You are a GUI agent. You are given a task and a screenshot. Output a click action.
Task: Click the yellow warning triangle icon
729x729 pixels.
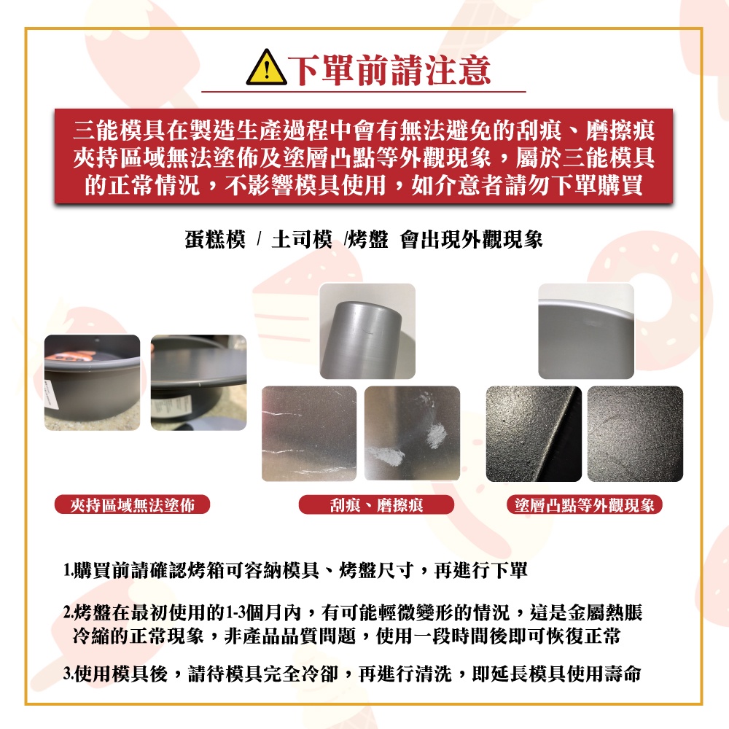(x=266, y=68)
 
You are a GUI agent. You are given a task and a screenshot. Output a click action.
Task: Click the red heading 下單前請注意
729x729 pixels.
(x=389, y=70)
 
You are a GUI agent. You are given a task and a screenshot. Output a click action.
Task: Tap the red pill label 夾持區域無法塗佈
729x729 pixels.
(x=133, y=504)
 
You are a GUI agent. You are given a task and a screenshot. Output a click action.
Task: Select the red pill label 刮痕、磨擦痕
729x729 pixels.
(x=376, y=504)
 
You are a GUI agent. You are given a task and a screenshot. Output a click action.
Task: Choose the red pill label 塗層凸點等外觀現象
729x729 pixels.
(x=585, y=504)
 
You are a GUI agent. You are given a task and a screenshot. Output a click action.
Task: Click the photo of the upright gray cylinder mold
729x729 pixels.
(x=367, y=331)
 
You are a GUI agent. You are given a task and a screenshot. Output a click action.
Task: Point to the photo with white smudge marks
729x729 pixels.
(x=412, y=433)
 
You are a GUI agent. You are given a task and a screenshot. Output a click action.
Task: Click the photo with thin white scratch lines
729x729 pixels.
(x=309, y=433)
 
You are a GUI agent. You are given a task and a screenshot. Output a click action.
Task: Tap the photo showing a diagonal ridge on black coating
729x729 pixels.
(x=534, y=434)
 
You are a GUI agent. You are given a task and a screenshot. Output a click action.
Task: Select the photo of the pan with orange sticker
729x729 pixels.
(x=92, y=383)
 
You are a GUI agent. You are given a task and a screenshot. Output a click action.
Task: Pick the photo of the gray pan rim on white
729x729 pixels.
(x=586, y=331)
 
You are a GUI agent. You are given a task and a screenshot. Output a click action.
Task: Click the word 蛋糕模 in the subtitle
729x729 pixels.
(x=215, y=240)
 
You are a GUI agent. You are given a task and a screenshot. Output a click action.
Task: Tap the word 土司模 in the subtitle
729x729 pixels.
(x=302, y=240)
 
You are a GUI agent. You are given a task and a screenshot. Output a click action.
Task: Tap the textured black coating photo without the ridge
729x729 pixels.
(x=635, y=434)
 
